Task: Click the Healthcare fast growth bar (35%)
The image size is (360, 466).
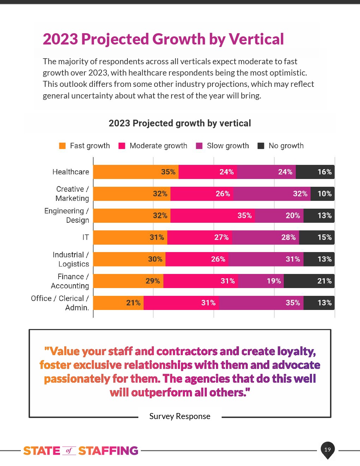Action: (x=136, y=172)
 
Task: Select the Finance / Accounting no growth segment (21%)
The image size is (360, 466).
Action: (x=309, y=281)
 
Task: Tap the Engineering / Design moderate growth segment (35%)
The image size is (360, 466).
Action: (x=212, y=216)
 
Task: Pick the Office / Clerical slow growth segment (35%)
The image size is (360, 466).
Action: (x=261, y=303)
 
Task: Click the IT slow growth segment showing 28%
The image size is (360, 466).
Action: (x=265, y=238)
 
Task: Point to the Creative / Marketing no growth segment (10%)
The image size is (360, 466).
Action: (x=322, y=194)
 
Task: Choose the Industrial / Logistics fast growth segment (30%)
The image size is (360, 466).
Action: (x=129, y=259)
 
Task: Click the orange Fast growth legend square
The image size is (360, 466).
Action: (x=62, y=146)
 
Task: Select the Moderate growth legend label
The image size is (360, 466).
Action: (x=158, y=146)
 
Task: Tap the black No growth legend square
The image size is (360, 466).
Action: (x=261, y=146)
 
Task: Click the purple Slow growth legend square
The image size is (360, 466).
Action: (x=199, y=146)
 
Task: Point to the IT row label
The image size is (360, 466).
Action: (x=85, y=237)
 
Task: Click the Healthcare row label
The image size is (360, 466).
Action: (x=71, y=172)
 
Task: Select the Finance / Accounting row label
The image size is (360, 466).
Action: (x=70, y=281)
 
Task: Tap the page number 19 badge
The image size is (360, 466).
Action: (x=328, y=449)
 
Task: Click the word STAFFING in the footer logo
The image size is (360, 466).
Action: (x=108, y=451)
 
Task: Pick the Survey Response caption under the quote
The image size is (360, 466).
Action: (x=180, y=416)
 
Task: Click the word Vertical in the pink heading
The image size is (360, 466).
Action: (x=256, y=39)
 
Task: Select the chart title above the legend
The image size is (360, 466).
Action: (x=180, y=123)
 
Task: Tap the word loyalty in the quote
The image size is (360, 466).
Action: (x=296, y=351)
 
